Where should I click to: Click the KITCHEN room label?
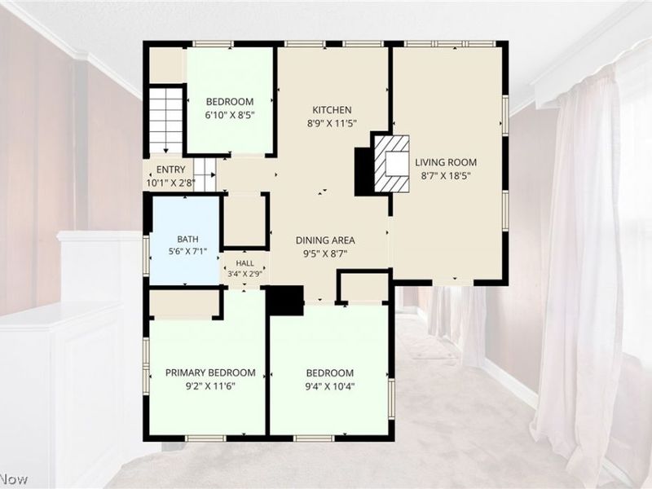click(x=332, y=110)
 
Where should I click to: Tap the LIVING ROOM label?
click(x=446, y=162)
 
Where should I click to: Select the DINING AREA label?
click(x=325, y=240)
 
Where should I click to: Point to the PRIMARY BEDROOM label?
click(x=210, y=372)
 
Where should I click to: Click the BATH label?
click(x=187, y=239)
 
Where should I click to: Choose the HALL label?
click(x=245, y=263)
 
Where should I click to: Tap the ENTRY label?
click(x=171, y=170)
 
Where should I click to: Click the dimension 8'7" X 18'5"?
click(x=446, y=175)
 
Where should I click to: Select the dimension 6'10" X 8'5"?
click(x=230, y=115)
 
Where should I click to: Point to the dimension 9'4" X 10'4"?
click(x=330, y=386)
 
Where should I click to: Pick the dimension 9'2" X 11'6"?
click(x=210, y=386)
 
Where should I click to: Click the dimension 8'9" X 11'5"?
click(x=332, y=123)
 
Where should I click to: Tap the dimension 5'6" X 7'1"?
click(x=187, y=251)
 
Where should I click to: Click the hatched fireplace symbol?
click(x=392, y=164)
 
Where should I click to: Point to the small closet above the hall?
click(x=244, y=219)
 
